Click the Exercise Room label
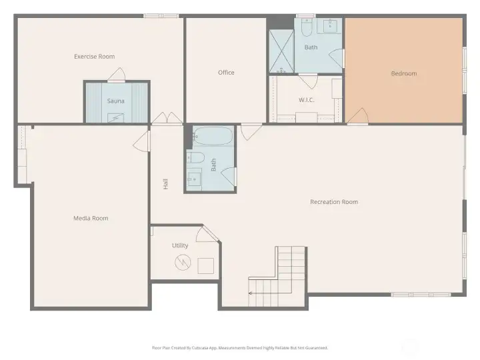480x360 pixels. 94,56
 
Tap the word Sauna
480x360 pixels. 116,101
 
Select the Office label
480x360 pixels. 226,73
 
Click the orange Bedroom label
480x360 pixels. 404,73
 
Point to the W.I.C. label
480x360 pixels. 307,100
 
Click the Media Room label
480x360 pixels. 91,218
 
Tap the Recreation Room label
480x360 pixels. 334,202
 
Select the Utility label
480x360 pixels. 180,245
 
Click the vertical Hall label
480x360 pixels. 165,184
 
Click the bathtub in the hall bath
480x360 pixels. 213,136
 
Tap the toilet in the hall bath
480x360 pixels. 195,157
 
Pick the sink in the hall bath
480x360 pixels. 194,177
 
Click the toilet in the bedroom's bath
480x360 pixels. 307,27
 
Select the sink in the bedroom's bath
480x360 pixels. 330,26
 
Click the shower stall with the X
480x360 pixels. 281,51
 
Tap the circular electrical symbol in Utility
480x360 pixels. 183,263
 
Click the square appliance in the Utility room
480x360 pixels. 206,266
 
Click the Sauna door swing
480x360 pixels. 117,75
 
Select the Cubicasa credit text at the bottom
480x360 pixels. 240,348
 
